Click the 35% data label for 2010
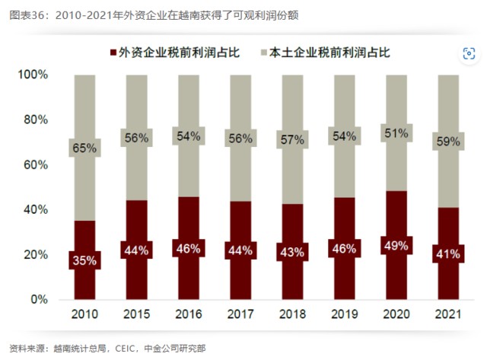click(x=84, y=260)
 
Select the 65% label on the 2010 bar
click(x=84, y=148)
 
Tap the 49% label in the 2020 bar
click(x=394, y=244)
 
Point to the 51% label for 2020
click(x=394, y=133)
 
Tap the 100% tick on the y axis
click(x=34, y=75)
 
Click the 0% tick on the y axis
click(x=40, y=299)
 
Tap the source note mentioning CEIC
click(x=107, y=349)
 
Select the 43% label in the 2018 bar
click(x=291, y=251)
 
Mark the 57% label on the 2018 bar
click(x=291, y=140)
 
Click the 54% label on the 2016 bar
click(x=187, y=136)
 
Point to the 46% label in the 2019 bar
click(x=342, y=248)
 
